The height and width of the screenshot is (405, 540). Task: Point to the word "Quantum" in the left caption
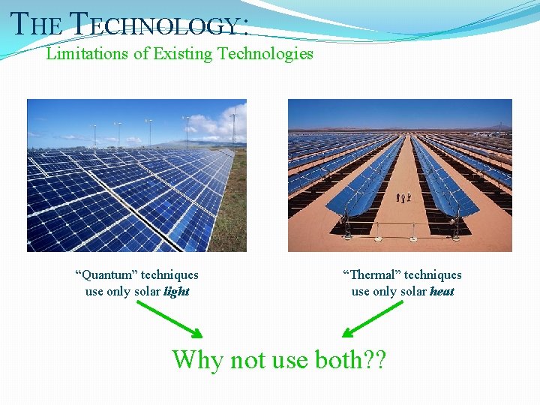coord(104,275)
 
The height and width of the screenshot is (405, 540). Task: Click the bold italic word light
coord(176,292)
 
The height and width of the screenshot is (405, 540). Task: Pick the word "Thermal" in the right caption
coord(372,275)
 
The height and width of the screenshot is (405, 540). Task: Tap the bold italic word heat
coord(442,292)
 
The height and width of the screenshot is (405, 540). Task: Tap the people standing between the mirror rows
coord(404,197)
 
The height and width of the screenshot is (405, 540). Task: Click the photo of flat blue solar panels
coord(136,175)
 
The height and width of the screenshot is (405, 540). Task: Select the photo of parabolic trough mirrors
coord(400,175)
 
